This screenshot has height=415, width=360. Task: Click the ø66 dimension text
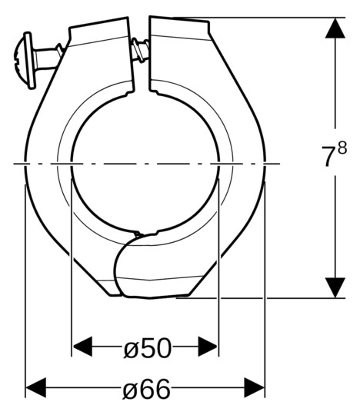[x=147, y=389]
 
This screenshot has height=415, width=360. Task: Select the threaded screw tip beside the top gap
[x=139, y=51]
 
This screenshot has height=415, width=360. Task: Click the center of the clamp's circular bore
[x=145, y=164]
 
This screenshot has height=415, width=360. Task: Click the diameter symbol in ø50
[x=131, y=348]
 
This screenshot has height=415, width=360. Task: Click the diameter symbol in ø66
[x=131, y=390]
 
